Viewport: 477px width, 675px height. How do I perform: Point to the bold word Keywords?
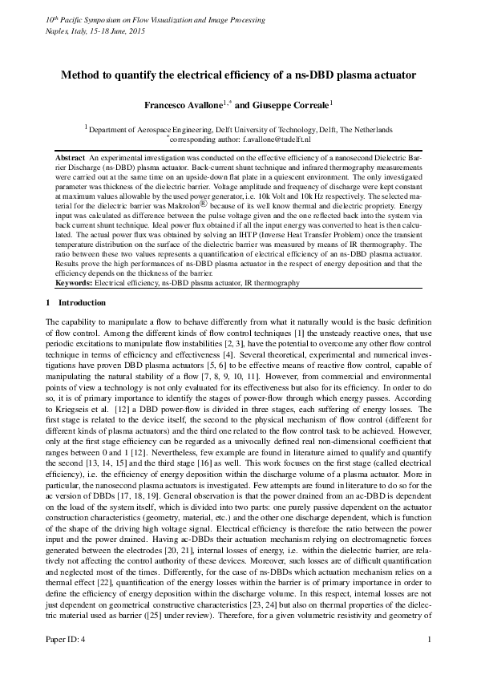pos(74,283)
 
